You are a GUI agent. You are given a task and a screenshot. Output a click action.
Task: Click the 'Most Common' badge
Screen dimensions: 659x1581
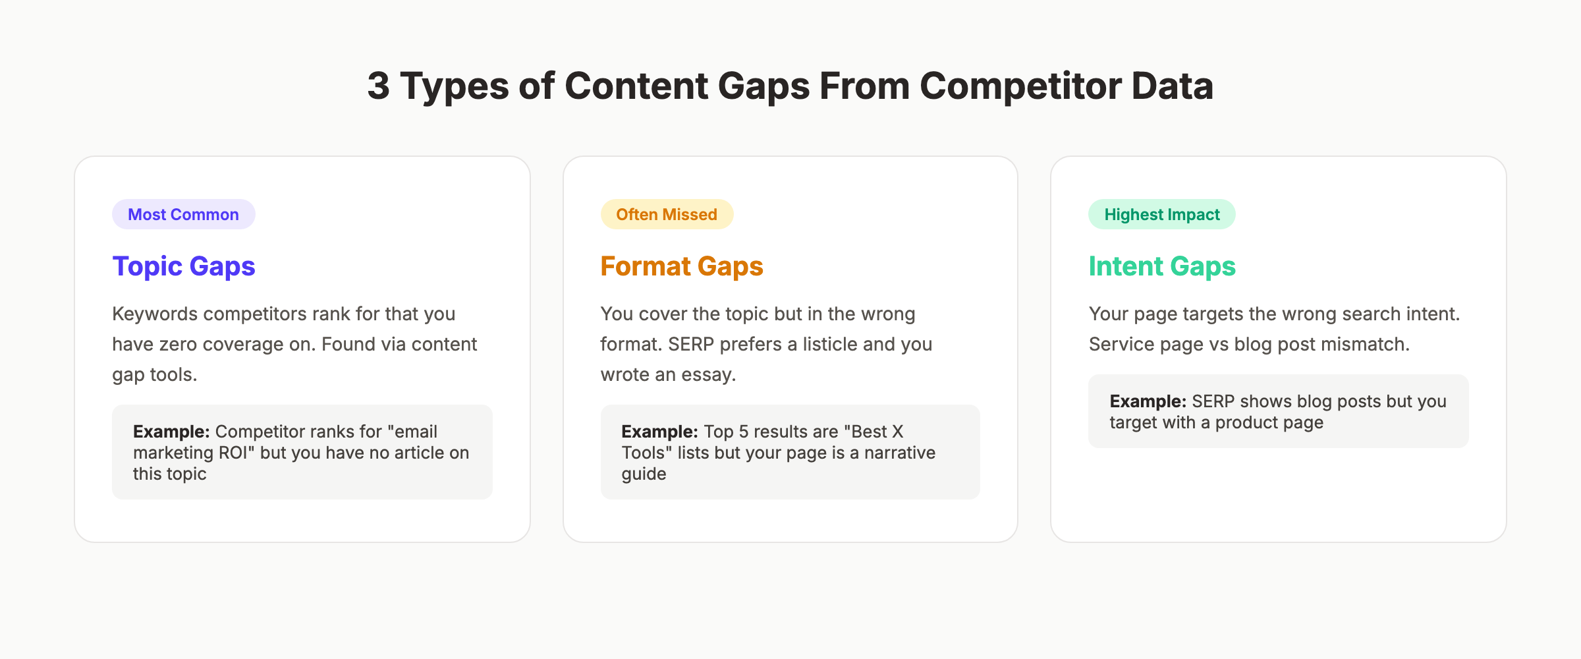click(183, 215)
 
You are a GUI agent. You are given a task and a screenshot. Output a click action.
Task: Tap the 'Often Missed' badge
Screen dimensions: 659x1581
click(666, 215)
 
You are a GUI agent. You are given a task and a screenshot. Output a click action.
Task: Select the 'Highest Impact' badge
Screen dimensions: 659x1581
click(1161, 215)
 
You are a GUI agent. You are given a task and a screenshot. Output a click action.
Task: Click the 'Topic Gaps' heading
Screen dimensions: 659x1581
click(184, 266)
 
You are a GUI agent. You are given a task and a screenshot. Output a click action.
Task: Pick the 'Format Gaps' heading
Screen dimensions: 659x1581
click(681, 266)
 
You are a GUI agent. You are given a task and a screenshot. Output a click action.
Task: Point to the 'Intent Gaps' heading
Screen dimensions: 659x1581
click(1162, 266)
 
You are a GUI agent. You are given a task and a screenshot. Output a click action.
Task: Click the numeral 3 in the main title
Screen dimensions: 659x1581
click(378, 86)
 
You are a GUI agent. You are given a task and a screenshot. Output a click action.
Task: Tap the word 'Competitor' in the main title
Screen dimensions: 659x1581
click(1020, 86)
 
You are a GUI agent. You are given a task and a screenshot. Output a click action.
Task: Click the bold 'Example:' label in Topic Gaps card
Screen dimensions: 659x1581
click(171, 432)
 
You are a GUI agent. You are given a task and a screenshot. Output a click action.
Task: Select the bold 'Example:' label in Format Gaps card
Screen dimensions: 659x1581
click(659, 432)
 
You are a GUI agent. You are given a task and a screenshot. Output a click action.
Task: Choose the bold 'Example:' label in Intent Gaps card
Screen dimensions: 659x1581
click(1148, 401)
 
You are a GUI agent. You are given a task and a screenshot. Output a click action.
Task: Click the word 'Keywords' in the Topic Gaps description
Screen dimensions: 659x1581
click(155, 314)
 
